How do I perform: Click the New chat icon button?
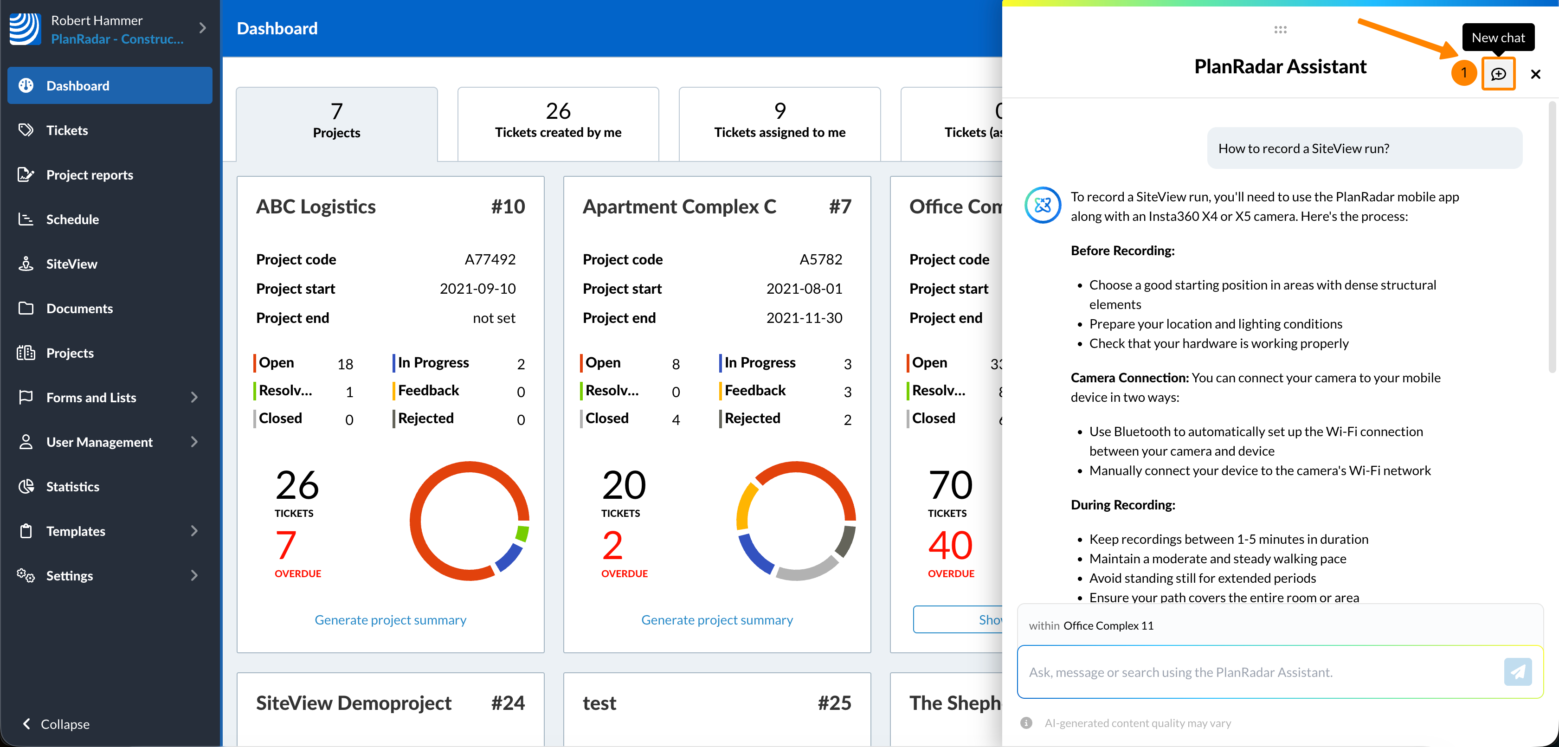(1498, 74)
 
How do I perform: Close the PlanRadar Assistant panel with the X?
(1535, 74)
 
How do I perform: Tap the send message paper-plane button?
(1517, 671)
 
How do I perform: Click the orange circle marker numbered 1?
(1463, 73)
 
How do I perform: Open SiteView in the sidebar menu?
(71, 264)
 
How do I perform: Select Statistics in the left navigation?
(73, 487)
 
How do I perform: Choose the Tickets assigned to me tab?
(779, 123)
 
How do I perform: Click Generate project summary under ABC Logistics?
(390, 620)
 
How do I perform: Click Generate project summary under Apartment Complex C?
(716, 620)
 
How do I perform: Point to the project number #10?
(508, 207)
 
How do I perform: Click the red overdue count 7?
(286, 545)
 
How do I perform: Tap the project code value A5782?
(821, 260)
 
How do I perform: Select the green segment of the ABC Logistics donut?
(522, 533)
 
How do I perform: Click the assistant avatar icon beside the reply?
(1042, 205)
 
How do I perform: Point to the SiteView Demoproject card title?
(354, 703)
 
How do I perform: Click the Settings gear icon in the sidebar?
(26, 575)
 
